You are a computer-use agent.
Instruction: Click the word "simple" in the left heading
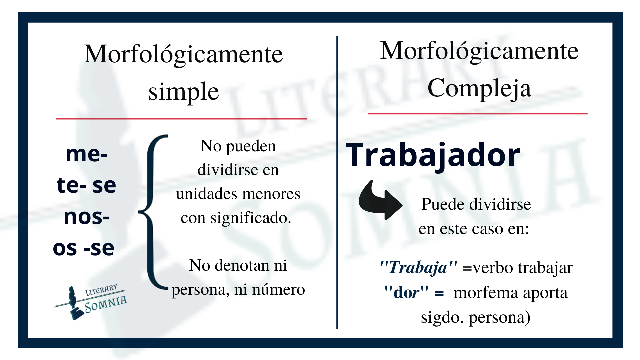coord(184,92)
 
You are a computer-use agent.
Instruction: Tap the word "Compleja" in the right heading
coord(479,89)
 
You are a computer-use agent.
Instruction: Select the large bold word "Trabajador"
coord(433,156)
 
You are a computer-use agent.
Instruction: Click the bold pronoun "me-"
coord(87,154)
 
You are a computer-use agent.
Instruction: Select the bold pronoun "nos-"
coord(87,217)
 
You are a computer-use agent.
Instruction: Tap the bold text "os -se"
coord(84,248)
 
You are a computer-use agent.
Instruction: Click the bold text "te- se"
coord(86,185)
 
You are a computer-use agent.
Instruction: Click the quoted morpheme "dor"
coord(406,292)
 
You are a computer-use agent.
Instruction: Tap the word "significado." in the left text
coord(251,218)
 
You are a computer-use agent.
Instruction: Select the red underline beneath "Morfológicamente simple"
coord(182,119)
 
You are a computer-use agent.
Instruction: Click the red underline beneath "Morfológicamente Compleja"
coord(478,114)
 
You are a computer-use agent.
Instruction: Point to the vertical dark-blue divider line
coord(337,182)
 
